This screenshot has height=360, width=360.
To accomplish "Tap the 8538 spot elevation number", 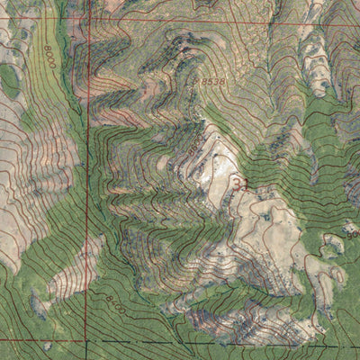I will pyautogui.click(x=214, y=82).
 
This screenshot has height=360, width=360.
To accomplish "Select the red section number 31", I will pyautogui.click(x=240, y=184).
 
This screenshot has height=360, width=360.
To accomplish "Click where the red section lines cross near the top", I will pyautogui.click(x=88, y=20).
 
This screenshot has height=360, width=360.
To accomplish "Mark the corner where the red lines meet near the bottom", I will pyautogui.click(x=88, y=340).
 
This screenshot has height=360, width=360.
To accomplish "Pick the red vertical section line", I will pyautogui.click(x=88, y=180).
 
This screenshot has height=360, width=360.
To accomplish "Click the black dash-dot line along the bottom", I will pyautogui.click(x=225, y=344).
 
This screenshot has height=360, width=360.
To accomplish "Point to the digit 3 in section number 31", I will pyautogui.click(x=237, y=184).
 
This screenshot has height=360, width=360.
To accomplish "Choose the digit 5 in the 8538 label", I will pyautogui.click(x=211, y=82).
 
